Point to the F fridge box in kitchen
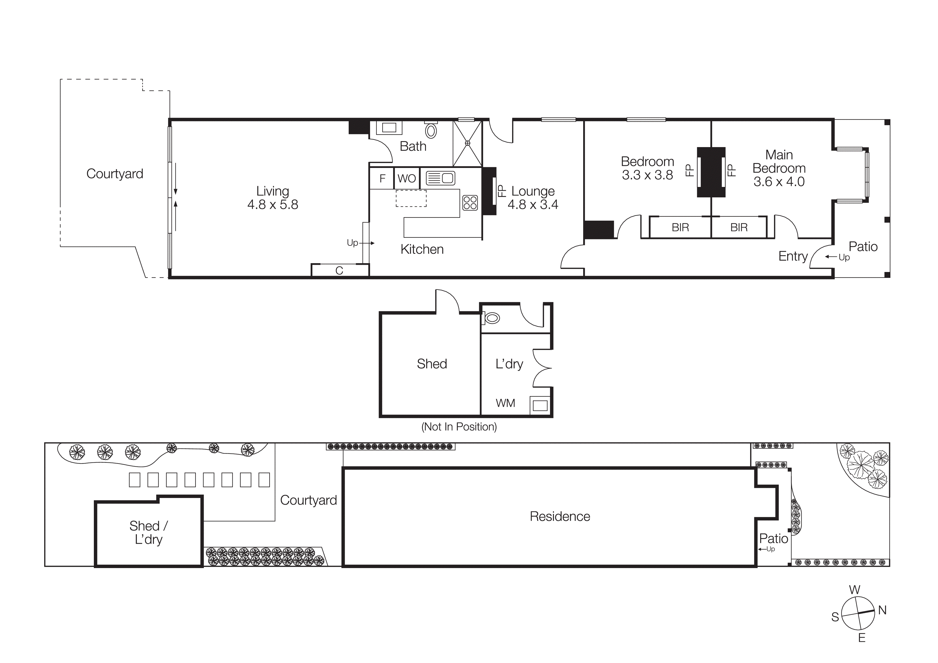pyautogui.click(x=382, y=178)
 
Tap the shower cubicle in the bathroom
pyautogui.click(x=467, y=143)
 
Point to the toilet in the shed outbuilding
pyautogui.click(x=491, y=318)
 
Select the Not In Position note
pyautogui.click(x=459, y=427)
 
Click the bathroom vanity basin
pyautogui.click(x=389, y=128)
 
